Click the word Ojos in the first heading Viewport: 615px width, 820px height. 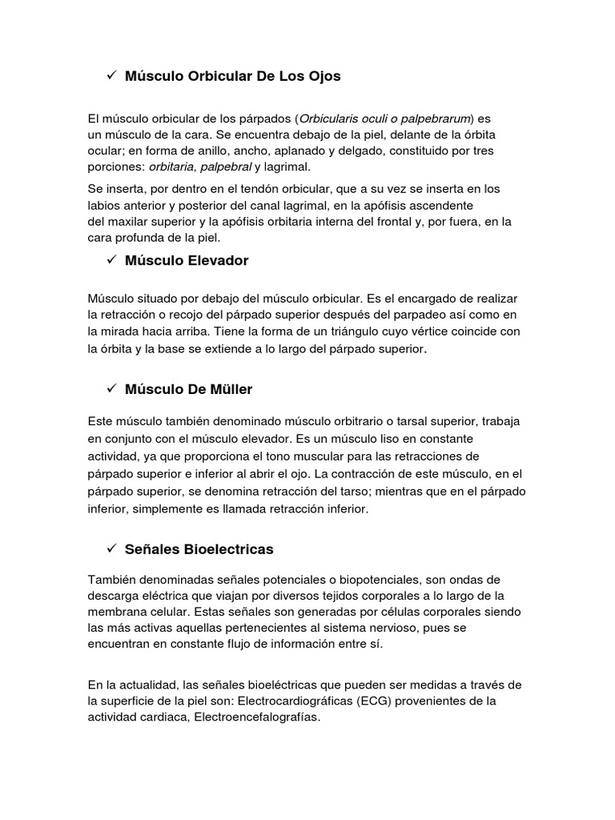point(323,76)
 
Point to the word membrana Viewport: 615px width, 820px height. point(119,611)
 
